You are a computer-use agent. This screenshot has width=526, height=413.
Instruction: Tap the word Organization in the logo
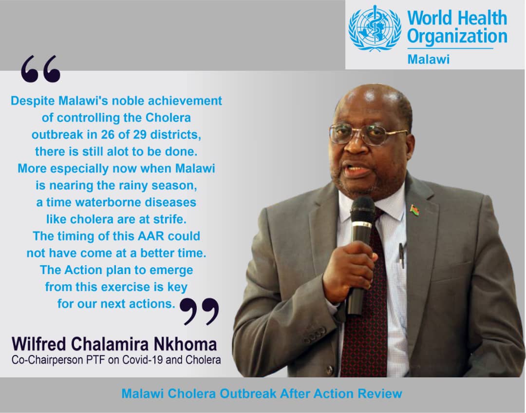coord(457,37)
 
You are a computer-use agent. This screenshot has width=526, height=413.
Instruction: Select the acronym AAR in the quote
coord(149,236)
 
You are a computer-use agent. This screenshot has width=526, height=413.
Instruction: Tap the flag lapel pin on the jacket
coord(415,211)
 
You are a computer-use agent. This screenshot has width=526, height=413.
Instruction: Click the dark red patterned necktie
coord(366,312)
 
